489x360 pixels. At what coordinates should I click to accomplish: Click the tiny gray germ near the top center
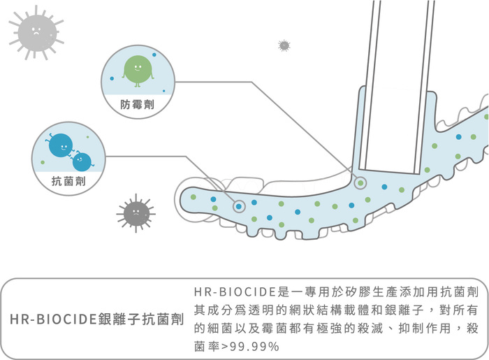click(284, 46)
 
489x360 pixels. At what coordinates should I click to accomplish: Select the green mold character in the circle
click(138, 69)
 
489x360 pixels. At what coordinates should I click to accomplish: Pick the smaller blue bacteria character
click(82, 161)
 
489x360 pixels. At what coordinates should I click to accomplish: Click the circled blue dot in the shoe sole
click(239, 206)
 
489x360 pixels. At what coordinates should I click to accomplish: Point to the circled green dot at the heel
click(360, 183)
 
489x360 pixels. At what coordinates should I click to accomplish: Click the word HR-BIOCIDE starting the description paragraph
click(235, 290)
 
